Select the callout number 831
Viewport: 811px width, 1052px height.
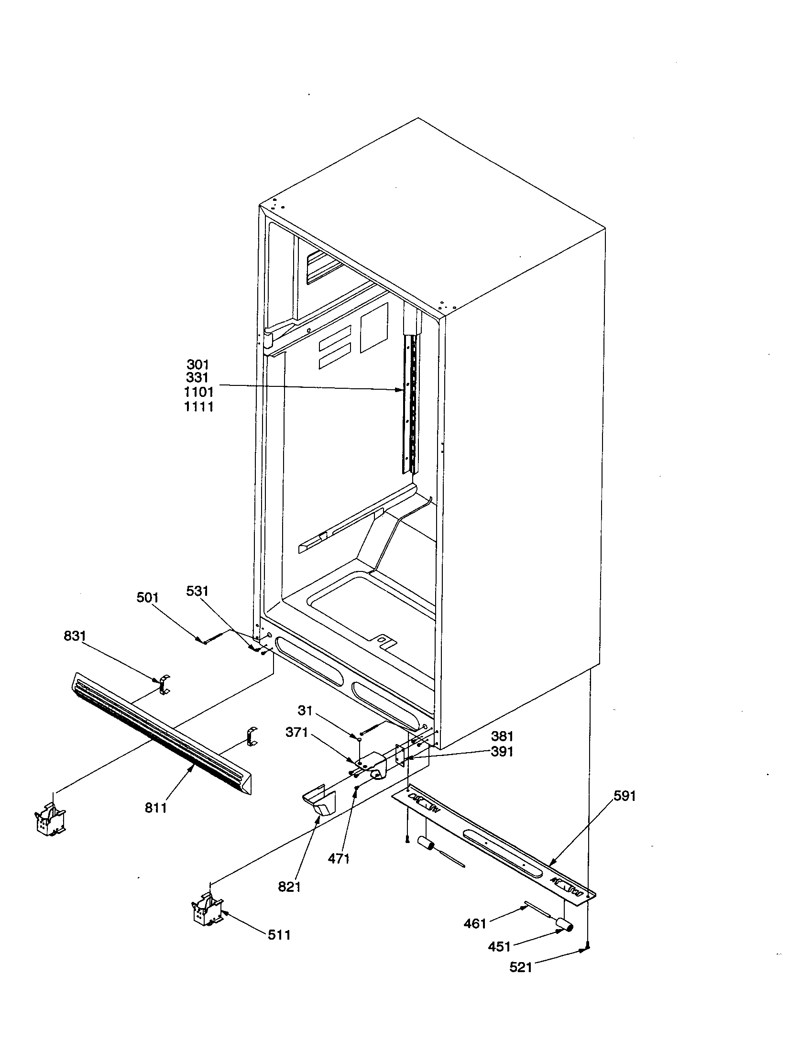tap(75, 636)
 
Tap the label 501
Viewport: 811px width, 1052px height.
tap(147, 598)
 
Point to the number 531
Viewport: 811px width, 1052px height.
tap(197, 591)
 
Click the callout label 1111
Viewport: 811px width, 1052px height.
tap(198, 407)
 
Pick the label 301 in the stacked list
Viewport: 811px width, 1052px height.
tap(198, 365)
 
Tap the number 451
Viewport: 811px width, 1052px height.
tap(499, 946)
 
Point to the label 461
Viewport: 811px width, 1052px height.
tap(475, 923)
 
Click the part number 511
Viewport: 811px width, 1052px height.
tap(279, 935)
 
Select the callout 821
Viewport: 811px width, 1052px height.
tap(289, 887)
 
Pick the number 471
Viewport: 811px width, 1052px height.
tap(339, 858)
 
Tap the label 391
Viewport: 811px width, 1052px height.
tap(502, 751)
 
